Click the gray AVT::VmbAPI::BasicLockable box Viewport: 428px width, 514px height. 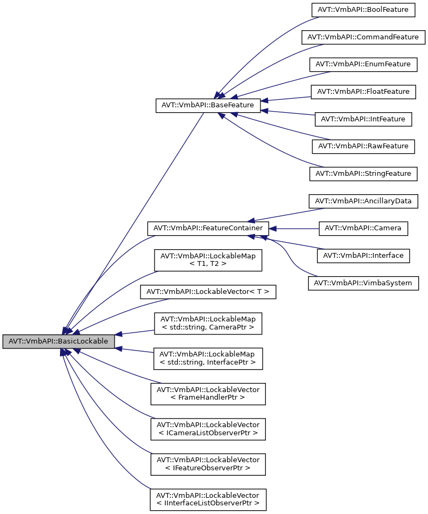(58, 341)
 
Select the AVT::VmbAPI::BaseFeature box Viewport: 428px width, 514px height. (208, 105)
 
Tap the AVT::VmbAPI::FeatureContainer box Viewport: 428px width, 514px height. (208, 228)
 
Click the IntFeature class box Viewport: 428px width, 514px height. (363, 119)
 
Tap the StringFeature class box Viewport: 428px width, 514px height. (363, 174)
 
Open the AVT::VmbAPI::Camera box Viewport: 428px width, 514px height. (363, 228)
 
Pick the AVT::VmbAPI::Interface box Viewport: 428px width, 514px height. (363, 255)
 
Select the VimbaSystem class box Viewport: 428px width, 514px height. (363, 283)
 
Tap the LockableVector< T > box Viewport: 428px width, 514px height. (208, 292)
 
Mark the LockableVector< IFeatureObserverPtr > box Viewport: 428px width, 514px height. (208, 463)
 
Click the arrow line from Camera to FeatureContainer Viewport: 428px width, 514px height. (295, 228)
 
